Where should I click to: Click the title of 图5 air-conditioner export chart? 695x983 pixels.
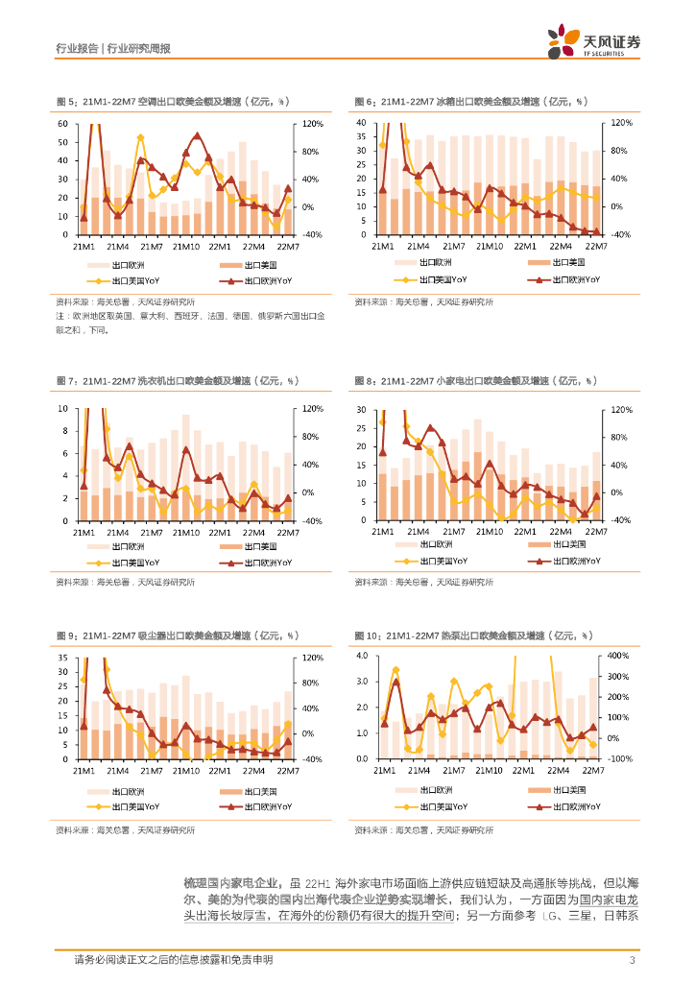click(173, 101)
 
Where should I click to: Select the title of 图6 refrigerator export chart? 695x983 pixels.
click(469, 101)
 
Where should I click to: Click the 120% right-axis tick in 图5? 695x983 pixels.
click(313, 124)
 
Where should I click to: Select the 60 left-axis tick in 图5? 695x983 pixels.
click(62, 124)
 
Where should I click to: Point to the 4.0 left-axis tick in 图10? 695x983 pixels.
click(362, 656)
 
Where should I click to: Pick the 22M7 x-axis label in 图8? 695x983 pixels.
click(596, 531)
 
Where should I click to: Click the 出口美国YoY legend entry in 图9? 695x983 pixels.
click(134, 807)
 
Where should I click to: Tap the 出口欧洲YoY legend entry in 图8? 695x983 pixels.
click(566, 562)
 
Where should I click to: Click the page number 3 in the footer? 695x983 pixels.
click(632, 960)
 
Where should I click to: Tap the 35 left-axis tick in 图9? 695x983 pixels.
click(62, 658)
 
